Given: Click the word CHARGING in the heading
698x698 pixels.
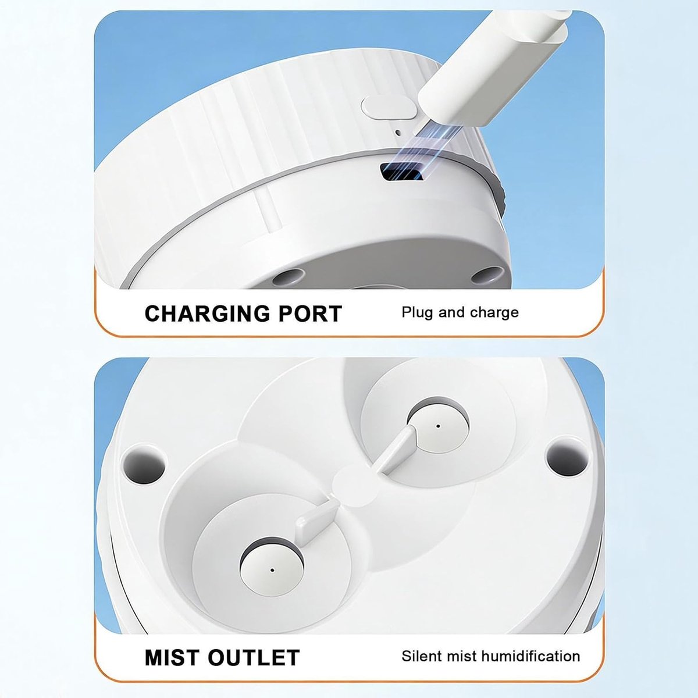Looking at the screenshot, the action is click(x=207, y=314).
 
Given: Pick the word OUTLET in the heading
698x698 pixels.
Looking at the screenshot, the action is click(x=254, y=657).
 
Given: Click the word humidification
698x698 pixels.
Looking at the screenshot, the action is click(x=529, y=656).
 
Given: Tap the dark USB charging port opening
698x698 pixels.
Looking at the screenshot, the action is click(x=402, y=172).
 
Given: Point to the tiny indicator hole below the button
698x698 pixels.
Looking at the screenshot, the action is click(x=397, y=133).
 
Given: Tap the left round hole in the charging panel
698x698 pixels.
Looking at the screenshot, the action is click(x=289, y=278).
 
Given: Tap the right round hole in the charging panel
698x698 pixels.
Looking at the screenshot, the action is click(x=488, y=274).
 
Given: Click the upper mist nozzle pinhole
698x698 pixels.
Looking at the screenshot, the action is click(x=439, y=426).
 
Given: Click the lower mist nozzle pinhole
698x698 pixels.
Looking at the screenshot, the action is click(x=272, y=570).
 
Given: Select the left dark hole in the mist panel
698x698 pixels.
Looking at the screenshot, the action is click(x=144, y=464).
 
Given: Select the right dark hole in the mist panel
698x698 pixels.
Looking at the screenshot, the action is click(x=567, y=456).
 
